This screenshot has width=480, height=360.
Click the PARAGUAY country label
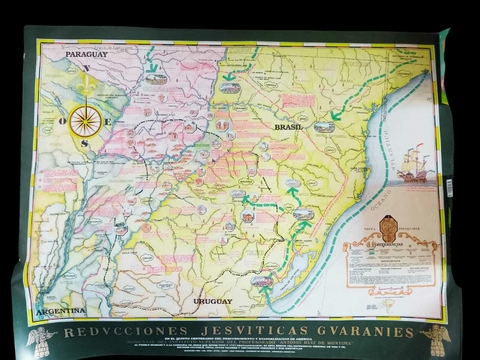click(86, 54)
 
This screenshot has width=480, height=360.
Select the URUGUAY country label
click(214, 300)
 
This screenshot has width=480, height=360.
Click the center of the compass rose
click(84, 121)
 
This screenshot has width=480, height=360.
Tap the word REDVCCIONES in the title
click(112, 331)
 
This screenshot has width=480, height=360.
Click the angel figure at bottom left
click(40, 340)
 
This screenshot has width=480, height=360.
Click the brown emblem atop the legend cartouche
click(388, 228)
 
